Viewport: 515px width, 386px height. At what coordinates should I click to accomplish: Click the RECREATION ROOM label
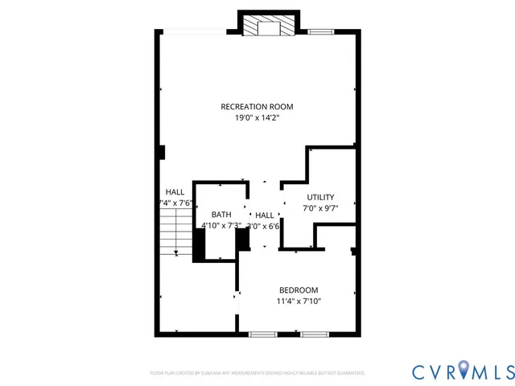[257, 106]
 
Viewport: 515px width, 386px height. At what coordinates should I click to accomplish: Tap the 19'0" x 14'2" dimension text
[257, 117]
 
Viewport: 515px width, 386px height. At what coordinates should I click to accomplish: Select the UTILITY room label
[320, 197]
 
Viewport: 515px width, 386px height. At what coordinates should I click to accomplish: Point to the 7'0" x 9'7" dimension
[320, 208]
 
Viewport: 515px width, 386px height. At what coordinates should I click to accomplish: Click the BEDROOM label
[299, 290]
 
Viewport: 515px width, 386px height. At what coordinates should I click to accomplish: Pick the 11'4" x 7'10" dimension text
[299, 302]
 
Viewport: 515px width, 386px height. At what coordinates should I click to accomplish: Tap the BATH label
[221, 215]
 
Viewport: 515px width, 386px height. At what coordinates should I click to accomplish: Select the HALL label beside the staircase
[175, 192]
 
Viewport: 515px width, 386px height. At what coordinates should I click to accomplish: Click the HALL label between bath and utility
[264, 215]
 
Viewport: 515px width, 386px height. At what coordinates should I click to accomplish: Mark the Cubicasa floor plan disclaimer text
[257, 373]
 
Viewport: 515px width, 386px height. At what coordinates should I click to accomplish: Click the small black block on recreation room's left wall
[162, 152]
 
